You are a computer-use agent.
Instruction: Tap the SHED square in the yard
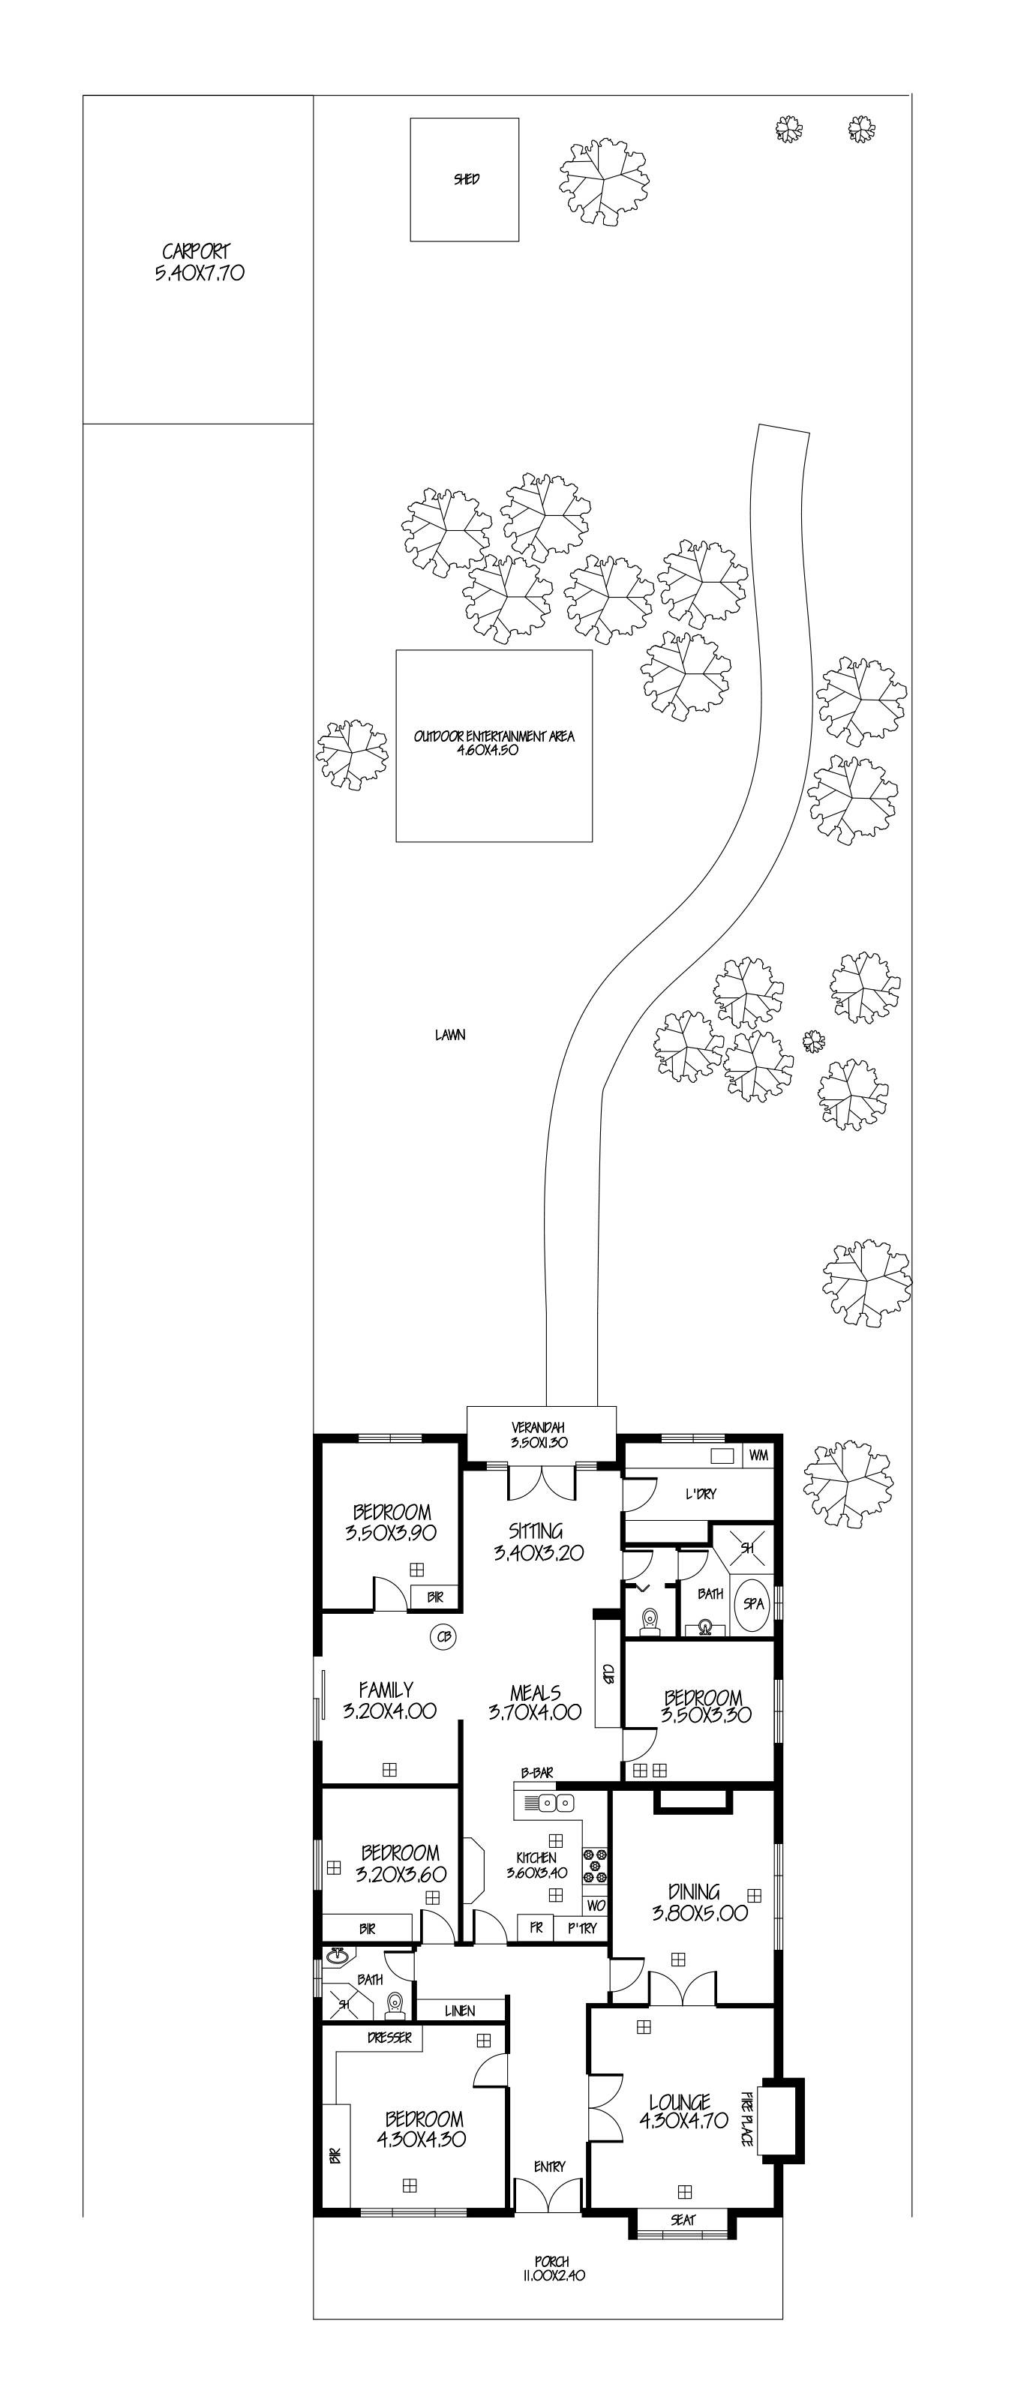click(x=464, y=179)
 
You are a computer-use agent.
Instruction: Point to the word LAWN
click(x=449, y=1034)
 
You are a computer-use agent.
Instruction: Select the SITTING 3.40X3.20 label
click(x=536, y=1540)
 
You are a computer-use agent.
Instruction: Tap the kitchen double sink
click(x=548, y=1804)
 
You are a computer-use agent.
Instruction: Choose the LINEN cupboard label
click(x=460, y=2011)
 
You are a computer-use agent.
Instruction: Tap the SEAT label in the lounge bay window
click(x=683, y=2221)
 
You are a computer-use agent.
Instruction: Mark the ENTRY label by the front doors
click(x=549, y=2167)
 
